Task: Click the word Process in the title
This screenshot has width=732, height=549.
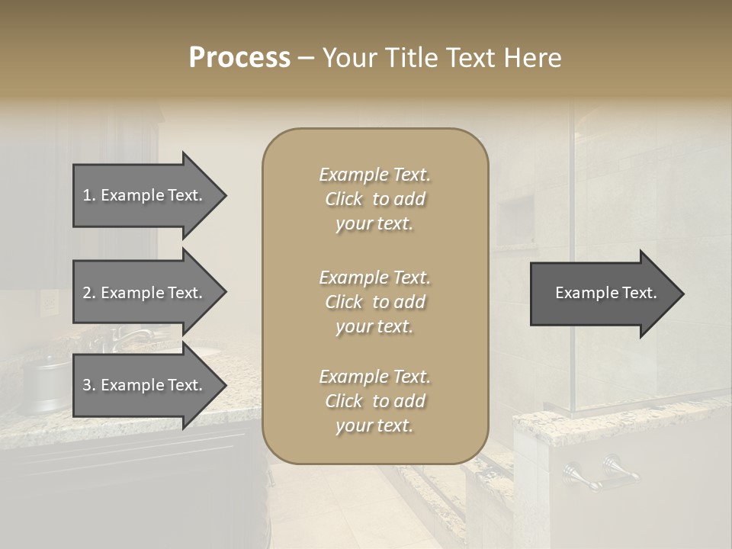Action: click(x=239, y=58)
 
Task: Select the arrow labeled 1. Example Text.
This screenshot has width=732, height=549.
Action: click(x=145, y=195)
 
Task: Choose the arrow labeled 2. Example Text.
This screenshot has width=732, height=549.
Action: click(x=145, y=293)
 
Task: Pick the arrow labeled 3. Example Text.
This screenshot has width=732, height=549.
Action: click(x=145, y=385)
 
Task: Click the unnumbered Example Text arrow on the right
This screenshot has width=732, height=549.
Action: click(x=602, y=294)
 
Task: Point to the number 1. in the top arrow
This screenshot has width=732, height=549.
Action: click(x=89, y=195)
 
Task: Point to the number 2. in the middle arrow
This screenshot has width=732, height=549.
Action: click(x=89, y=293)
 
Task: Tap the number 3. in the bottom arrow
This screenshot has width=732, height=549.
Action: click(x=89, y=385)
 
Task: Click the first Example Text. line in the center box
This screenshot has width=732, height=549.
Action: click(x=374, y=175)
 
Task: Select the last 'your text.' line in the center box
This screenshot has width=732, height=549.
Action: click(x=374, y=426)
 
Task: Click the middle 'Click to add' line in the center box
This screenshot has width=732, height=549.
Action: click(x=374, y=302)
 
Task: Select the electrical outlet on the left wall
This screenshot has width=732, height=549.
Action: click(x=49, y=303)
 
